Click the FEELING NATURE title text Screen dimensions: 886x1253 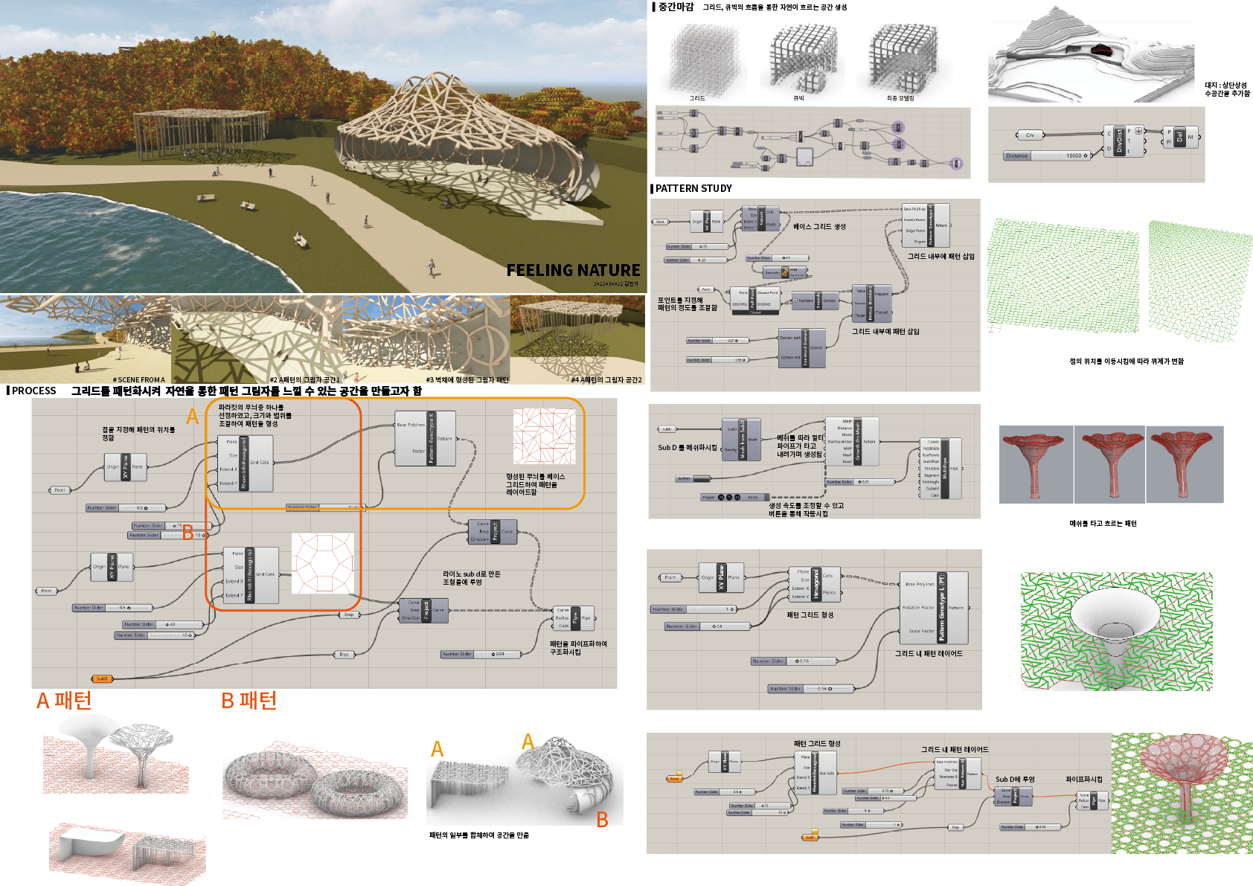tap(573, 270)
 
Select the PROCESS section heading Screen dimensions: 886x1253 tap(33, 391)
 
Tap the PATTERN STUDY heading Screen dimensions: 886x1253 tap(693, 188)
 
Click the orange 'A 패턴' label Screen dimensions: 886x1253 tap(64, 700)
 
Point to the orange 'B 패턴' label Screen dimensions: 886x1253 tap(249, 700)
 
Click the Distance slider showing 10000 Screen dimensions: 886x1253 tap(1046, 155)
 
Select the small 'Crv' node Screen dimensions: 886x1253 tap(1030, 135)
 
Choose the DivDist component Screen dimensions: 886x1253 tap(1120, 141)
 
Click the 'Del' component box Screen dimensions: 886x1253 tap(1179, 138)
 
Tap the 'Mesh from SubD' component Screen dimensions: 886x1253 tap(742, 439)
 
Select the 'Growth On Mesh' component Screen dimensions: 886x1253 tap(858, 441)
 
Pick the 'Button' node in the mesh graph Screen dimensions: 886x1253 tap(685, 478)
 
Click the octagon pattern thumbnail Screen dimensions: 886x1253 tap(322, 563)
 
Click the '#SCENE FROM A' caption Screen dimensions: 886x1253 tap(139, 379)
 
